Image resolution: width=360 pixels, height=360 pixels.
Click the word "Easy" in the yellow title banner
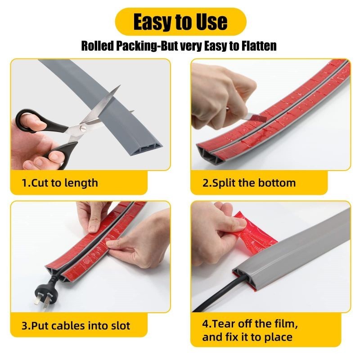click(x=153, y=22)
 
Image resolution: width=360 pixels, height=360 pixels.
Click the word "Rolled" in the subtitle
click(x=98, y=46)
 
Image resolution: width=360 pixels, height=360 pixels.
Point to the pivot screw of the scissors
click(x=82, y=127)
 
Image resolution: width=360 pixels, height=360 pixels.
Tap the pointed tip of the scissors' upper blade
click(x=120, y=85)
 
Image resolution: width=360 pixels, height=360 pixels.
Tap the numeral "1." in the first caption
click(x=26, y=183)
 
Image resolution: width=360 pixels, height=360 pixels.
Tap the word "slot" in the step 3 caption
click(x=121, y=326)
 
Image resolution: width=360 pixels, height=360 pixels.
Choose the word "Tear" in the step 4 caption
click(x=223, y=324)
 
